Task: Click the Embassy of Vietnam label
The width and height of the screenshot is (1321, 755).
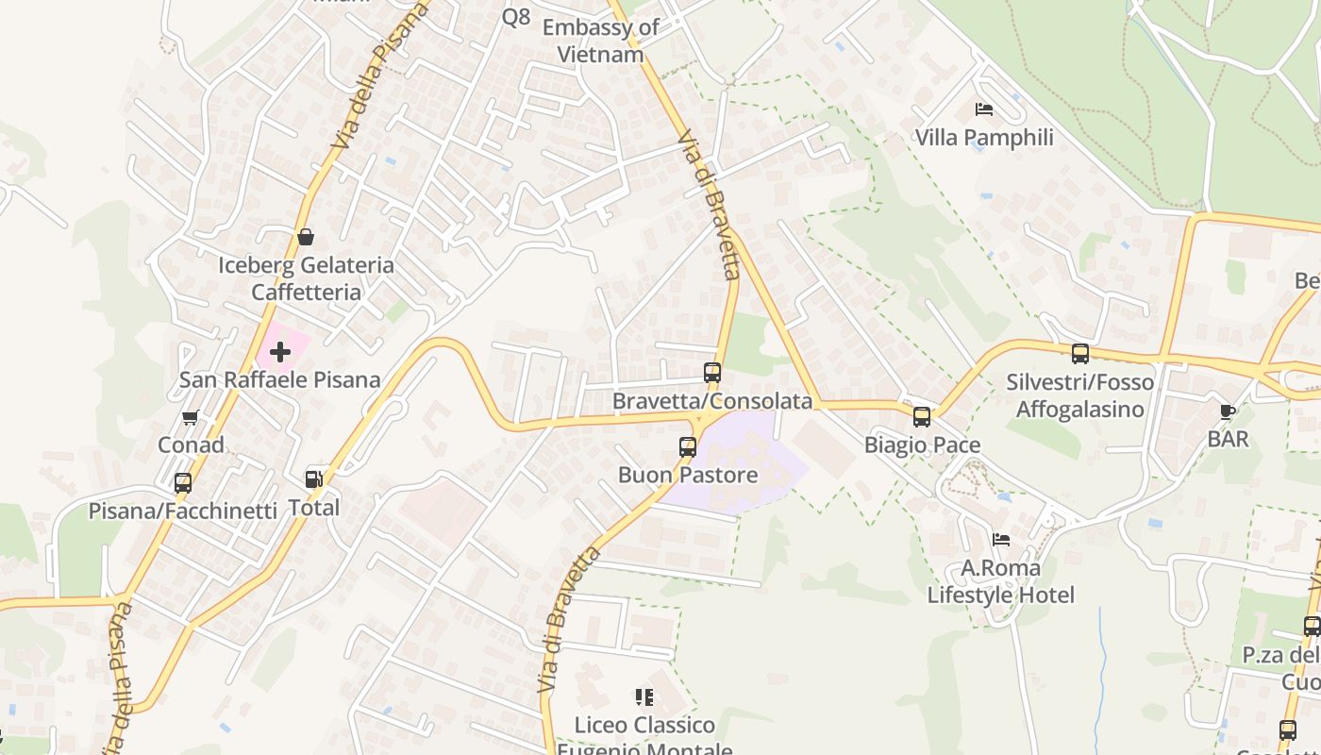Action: (600, 41)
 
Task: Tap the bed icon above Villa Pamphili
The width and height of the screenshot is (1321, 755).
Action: (984, 109)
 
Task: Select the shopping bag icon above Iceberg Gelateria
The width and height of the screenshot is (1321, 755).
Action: (305, 237)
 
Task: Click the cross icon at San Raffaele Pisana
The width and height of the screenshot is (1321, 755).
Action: (280, 353)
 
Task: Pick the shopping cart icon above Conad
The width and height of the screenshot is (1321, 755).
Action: (190, 417)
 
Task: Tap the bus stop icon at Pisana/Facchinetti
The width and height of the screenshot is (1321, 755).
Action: (183, 483)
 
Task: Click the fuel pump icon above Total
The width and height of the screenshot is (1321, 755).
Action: (314, 480)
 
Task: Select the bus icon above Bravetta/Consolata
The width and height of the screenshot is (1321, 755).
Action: (712, 373)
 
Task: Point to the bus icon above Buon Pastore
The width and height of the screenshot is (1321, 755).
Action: (688, 447)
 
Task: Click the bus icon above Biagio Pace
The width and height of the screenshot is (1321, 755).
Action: (922, 417)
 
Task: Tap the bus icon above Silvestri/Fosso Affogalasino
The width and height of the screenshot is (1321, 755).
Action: (1080, 354)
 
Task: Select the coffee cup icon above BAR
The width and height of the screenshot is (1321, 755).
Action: (1228, 411)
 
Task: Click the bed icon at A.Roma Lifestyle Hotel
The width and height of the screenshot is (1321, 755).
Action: (1001, 540)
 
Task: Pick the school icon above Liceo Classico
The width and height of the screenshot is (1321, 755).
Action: (644, 697)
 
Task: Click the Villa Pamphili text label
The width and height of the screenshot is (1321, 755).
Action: (984, 138)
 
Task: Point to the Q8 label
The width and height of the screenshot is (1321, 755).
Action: (516, 16)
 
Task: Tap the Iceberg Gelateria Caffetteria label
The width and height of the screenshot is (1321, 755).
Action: (306, 278)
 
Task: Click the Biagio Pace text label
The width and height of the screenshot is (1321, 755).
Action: (922, 445)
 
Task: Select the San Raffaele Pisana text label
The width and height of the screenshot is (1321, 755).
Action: (280, 380)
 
